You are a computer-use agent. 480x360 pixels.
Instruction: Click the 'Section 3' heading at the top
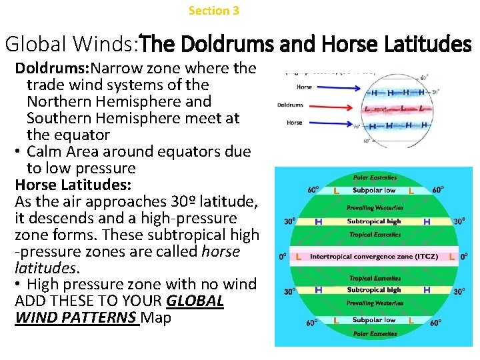(x=213, y=11)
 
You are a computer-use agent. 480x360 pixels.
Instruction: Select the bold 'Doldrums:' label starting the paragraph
(x=53, y=68)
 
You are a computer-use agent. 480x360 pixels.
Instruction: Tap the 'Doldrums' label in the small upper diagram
(x=290, y=105)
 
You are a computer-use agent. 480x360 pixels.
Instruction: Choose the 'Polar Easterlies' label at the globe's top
(x=374, y=178)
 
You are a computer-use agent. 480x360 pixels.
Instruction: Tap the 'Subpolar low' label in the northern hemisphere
(x=374, y=190)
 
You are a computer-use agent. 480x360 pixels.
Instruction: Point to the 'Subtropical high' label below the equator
(x=374, y=290)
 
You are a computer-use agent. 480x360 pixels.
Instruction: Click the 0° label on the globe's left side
(x=283, y=256)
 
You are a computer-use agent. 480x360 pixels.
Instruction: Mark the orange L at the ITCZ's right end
(x=452, y=256)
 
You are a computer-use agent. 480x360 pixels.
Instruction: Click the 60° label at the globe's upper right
(x=437, y=190)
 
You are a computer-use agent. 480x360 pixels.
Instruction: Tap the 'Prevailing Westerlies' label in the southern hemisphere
(x=374, y=303)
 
